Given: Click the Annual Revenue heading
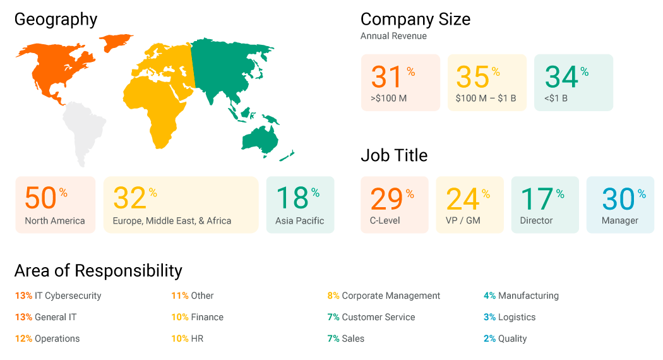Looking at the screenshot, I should (393, 36).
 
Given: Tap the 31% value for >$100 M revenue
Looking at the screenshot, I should (387, 77).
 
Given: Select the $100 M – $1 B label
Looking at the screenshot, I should (486, 98).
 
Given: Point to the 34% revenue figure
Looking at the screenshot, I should (561, 77).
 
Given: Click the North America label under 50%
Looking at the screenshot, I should (55, 220).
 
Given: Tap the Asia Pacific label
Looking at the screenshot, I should (299, 220).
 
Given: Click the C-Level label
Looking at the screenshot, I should (386, 220).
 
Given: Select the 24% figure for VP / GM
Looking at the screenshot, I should (462, 199).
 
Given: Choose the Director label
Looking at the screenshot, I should (536, 220).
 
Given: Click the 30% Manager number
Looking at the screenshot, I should (618, 199).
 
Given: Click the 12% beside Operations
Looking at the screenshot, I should (23, 339).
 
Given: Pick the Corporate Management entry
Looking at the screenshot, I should (391, 296).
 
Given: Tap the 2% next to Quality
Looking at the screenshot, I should (489, 339).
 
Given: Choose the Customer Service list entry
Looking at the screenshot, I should (378, 317).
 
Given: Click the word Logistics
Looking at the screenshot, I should (517, 317).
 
